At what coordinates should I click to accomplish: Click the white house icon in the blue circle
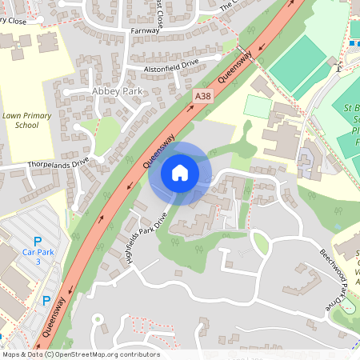[180, 173]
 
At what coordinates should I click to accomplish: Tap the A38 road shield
[203, 96]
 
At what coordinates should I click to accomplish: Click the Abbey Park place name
[117, 90]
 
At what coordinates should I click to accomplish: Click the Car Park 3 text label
[36, 258]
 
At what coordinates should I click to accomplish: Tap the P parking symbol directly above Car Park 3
[36, 241]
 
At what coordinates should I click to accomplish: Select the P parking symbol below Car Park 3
[46, 301]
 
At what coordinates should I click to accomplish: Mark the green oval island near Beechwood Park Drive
[260, 242]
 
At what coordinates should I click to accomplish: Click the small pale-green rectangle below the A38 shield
[257, 106]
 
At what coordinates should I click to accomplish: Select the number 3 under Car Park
[36, 262]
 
